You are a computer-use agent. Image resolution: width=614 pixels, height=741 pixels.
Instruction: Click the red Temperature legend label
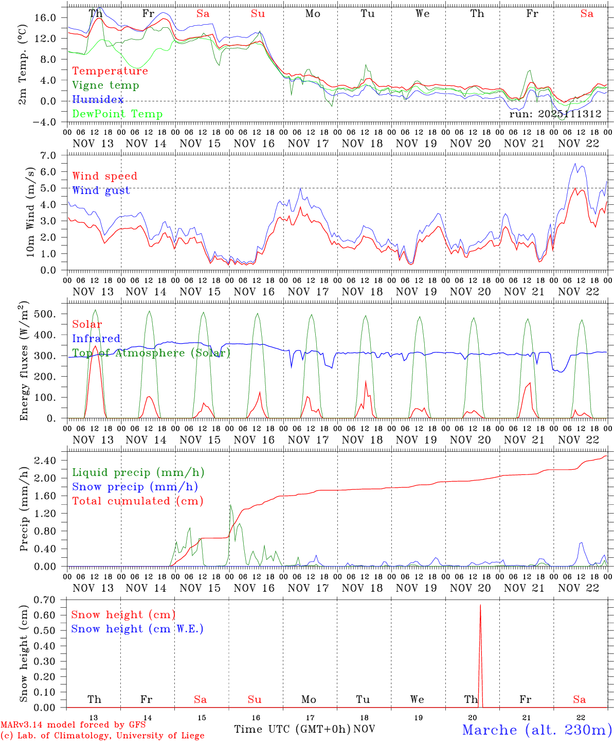[110, 71]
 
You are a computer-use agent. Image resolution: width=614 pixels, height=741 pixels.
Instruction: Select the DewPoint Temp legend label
[117, 114]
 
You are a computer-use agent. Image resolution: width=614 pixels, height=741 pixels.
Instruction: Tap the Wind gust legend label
[101, 190]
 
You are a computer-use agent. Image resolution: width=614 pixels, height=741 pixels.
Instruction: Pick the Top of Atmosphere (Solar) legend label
[151, 353]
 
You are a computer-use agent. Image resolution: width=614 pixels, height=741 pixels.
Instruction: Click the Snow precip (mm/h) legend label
[135, 487]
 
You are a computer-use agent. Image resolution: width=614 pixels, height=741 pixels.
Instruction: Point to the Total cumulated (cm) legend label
[137, 501]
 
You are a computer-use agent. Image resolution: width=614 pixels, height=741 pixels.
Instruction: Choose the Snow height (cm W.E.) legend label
[137, 629]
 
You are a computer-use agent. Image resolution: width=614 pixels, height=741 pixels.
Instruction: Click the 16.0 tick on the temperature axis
[45, 17]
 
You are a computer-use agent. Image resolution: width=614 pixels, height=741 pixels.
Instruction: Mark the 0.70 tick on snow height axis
[47, 599]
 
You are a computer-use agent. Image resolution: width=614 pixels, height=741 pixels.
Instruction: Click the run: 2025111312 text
[555, 114]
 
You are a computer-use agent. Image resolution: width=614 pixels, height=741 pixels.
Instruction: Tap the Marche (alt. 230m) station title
[537, 730]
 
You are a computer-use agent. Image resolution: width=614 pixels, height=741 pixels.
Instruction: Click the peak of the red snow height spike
[480, 605]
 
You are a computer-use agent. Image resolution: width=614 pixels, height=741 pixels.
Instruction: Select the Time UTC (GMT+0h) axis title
[292, 729]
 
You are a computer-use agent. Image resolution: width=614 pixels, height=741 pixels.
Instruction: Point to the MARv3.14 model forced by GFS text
[73, 725]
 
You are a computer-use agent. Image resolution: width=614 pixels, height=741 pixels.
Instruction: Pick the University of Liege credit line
[102, 736]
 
